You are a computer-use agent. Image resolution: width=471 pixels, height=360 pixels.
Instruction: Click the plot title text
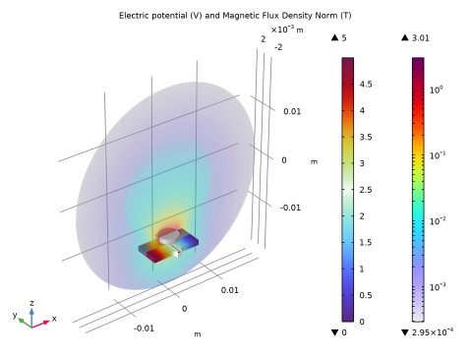coord(235,16)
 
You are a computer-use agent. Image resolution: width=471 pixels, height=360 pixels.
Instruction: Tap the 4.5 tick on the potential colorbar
coord(366,85)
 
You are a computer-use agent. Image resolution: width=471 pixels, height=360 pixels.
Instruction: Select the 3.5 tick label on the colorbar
coord(366,137)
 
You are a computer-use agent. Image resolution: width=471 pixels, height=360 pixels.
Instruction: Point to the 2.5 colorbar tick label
coord(366,190)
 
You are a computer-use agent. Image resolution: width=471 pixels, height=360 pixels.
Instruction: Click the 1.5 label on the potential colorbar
coord(366,243)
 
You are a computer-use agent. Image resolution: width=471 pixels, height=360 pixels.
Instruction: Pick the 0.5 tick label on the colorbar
coord(366,295)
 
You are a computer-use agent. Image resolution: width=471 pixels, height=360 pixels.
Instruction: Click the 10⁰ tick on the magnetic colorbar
coord(437,90)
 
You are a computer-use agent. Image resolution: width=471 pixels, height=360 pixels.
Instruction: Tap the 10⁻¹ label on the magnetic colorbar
coord(438,155)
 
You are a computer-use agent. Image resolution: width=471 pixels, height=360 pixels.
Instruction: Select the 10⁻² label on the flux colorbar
coord(438,221)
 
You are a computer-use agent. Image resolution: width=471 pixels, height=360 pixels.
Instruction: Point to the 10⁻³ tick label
coord(438,287)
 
